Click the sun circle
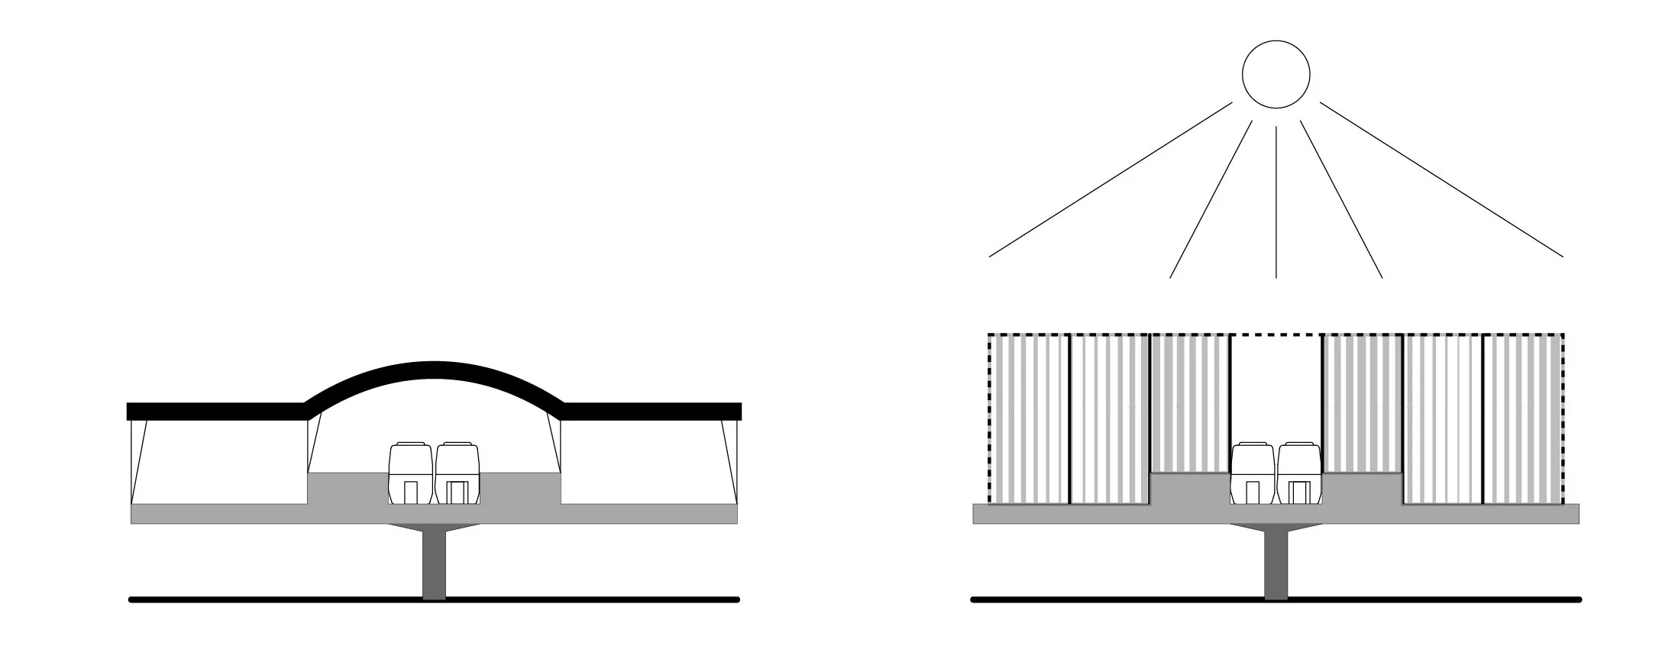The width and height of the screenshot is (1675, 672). coord(1276,74)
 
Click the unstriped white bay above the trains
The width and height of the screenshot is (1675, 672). coord(1276,397)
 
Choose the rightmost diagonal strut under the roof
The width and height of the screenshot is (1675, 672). coord(731,462)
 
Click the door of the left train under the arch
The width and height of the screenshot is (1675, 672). coord(411,493)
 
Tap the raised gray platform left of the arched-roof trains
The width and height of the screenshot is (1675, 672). coord(344,489)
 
